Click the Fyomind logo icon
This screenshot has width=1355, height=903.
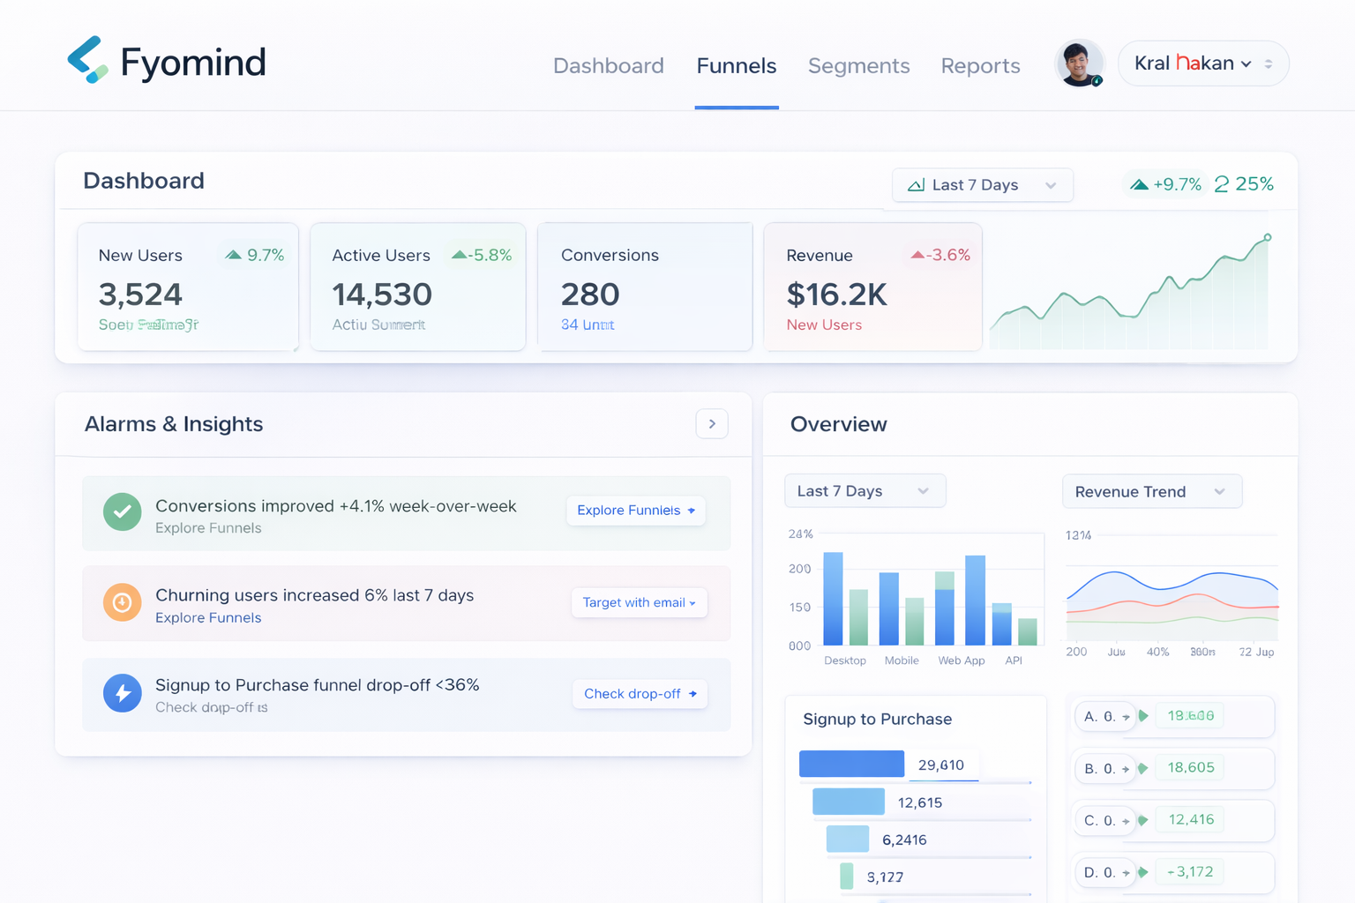[x=87, y=60]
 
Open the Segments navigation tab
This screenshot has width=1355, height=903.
[x=858, y=66]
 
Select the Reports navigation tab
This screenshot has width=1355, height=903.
[x=980, y=66]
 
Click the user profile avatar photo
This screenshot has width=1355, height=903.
[x=1079, y=63]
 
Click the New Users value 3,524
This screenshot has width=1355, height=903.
[x=140, y=295]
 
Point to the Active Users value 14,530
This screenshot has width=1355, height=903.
[x=382, y=295]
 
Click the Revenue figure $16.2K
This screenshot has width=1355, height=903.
[x=836, y=295]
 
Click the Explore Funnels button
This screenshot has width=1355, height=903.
[x=635, y=511]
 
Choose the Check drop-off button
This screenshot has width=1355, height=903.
[x=640, y=694]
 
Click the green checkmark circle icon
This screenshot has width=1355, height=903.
[x=123, y=511]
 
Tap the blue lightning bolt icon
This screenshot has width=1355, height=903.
[x=123, y=693]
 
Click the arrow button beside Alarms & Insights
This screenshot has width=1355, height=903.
[x=712, y=424]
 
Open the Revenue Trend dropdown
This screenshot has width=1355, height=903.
[x=1151, y=492]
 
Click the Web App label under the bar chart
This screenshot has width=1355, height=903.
[x=961, y=660]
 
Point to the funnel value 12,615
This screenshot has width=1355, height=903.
[x=919, y=802]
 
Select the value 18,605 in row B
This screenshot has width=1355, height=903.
[x=1190, y=768]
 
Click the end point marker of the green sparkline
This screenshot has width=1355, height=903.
[x=1268, y=237]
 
